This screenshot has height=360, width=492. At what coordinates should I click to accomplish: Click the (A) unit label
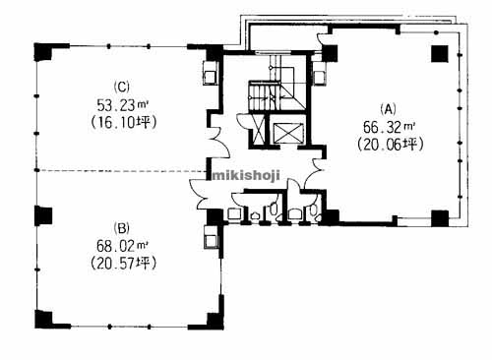click(x=390, y=109)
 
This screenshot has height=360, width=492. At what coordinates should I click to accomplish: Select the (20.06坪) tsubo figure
click(x=391, y=144)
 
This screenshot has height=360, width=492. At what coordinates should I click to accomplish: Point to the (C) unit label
click(x=122, y=88)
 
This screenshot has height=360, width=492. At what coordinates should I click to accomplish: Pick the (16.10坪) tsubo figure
click(x=123, y=122)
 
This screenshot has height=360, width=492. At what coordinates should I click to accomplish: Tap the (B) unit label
click(x=122, y=228)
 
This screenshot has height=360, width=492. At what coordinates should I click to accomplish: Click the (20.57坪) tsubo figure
click(x=123, y=263)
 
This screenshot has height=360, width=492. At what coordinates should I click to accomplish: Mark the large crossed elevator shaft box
click(x=288, y=133)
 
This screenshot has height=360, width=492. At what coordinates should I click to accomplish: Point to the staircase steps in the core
click(x=264, y=95)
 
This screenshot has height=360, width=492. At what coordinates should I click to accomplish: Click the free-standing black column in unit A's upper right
click(x=440, y=54)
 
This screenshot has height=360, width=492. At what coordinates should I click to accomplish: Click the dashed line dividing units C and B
click(x=121, y=171)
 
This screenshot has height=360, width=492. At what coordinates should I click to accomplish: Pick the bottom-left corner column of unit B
click(x=44, y=319)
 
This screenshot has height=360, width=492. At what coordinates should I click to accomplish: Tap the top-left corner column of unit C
click(x=43, y=52)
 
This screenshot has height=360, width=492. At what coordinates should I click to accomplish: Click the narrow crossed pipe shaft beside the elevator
click(x=259, y=129)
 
